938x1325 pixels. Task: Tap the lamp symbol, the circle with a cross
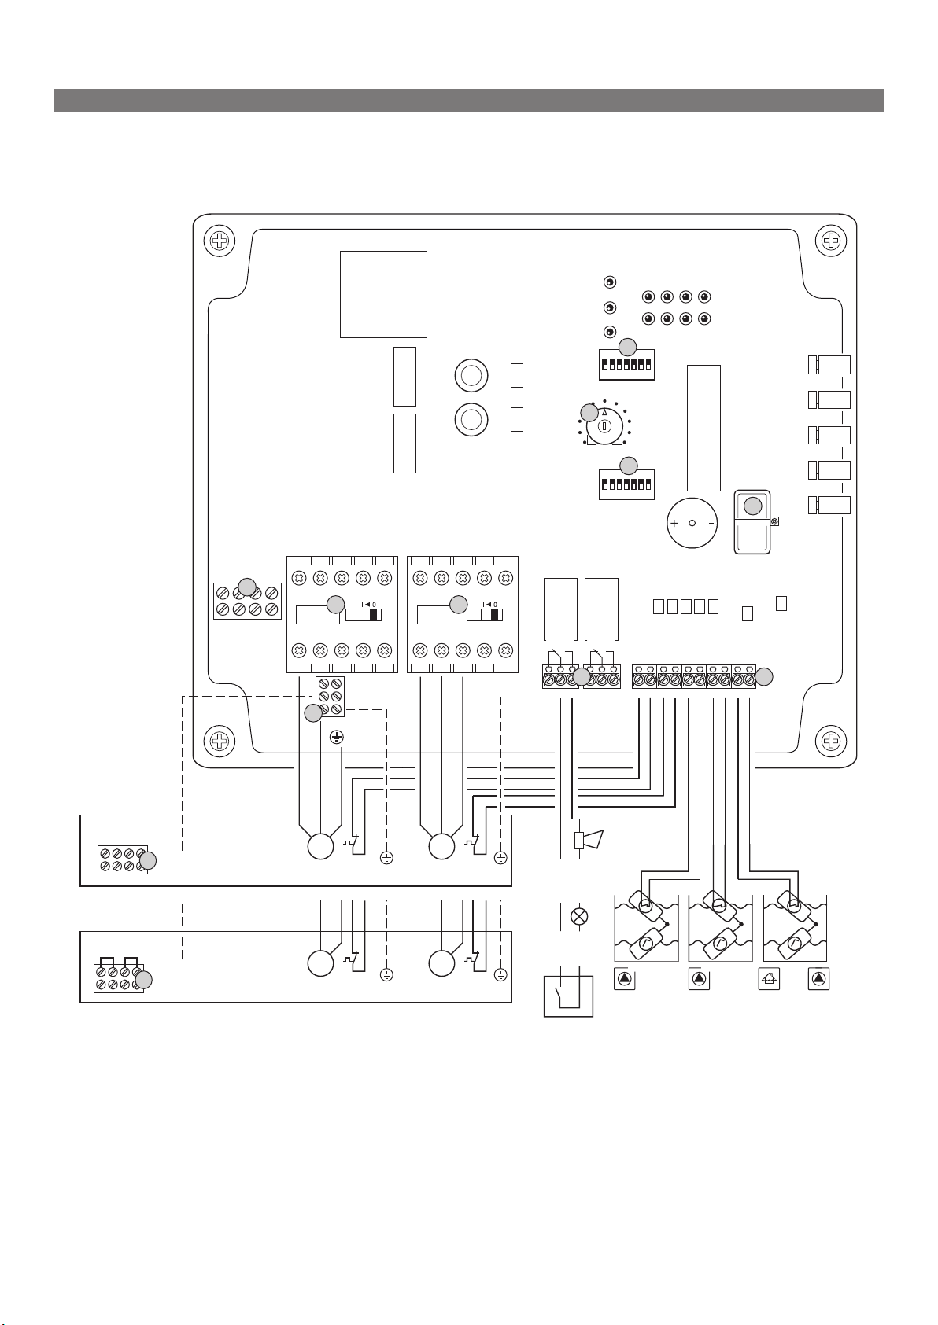pyautogui.click(x=579, y=916)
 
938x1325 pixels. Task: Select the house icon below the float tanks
pyautogui.click(x=769, y=980)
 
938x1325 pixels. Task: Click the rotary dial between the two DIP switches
pyautogui.click(x=604, y=425)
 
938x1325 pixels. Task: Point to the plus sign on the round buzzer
pyautogui.click(x=674, y=523)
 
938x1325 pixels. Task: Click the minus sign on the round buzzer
pyautogui.click(x=711, y=523)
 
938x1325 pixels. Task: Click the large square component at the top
pyautogui.click(x=383, y=294)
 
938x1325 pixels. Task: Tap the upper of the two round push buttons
pyautogui.click(x=471, y=375)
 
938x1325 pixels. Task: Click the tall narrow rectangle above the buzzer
pyautogui.click(x=703, y=428)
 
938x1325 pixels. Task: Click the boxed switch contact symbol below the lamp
pyautogui.click(x=568, y=996)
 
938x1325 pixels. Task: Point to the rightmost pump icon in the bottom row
pyautogui.click(x=819, y=980)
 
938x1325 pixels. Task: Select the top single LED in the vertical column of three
pyautogui.click(x=609, y=282)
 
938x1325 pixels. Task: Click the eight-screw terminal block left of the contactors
pyautogui.click(x=247, y=601)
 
